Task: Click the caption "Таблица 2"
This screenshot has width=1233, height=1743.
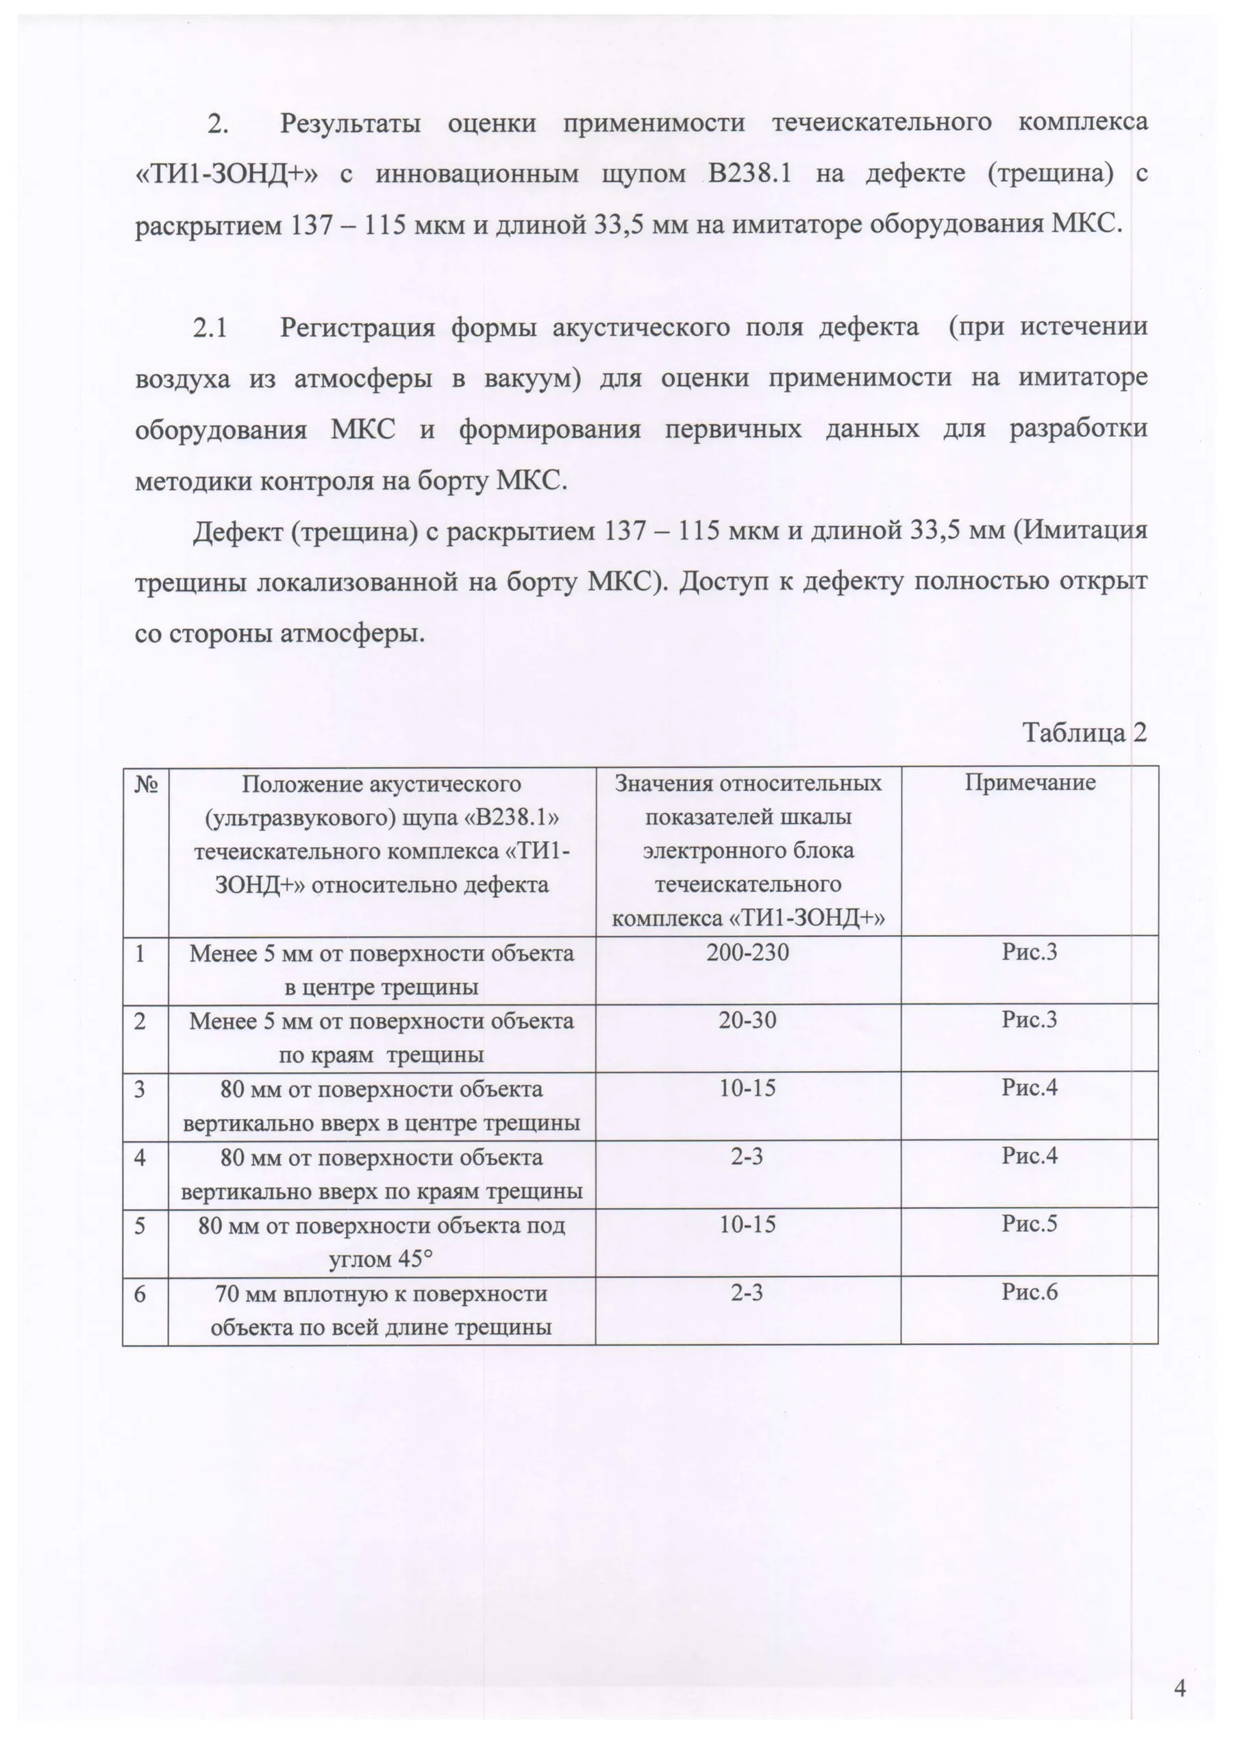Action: coord(1084,733)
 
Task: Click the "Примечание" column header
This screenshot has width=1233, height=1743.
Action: coord(1030,783)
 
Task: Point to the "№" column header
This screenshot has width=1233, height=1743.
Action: coord(146,783)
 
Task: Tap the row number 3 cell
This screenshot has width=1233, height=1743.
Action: coord(140,1090)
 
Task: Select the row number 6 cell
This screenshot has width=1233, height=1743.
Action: coord(140,1294)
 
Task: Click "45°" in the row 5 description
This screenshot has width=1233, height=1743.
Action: coord(412,1259)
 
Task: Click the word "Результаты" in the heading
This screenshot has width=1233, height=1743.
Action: coord(350,123)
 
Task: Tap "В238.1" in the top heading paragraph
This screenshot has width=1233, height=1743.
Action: coord(749,174)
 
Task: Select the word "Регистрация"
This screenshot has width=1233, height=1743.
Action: coord(357,328)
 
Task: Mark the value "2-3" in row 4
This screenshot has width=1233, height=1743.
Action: coord(747,1156)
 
